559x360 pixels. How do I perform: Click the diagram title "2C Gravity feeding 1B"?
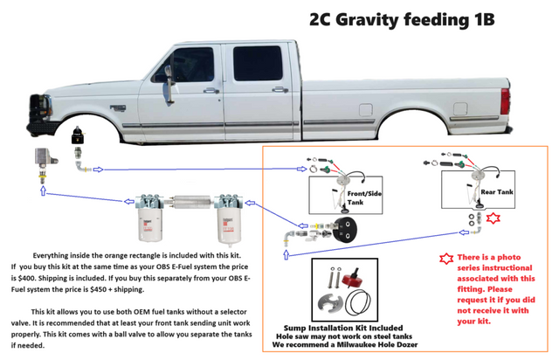[402, 19]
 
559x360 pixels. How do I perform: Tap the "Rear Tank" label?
[497, 192]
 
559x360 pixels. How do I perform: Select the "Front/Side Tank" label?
[364, 197]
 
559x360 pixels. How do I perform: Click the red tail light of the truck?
[505, 101]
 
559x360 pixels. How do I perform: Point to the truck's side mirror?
[169, 85]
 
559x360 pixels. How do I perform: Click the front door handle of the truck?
[211, 91]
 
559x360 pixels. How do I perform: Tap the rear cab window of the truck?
[258, 64]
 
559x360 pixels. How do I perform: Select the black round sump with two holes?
[346, 230]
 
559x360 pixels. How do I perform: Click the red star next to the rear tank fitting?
[493, 218]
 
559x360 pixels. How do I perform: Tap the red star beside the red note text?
[446, 259]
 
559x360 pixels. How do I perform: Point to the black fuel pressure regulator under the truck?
[78, 135]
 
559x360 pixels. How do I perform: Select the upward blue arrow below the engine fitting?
[43, 191]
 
